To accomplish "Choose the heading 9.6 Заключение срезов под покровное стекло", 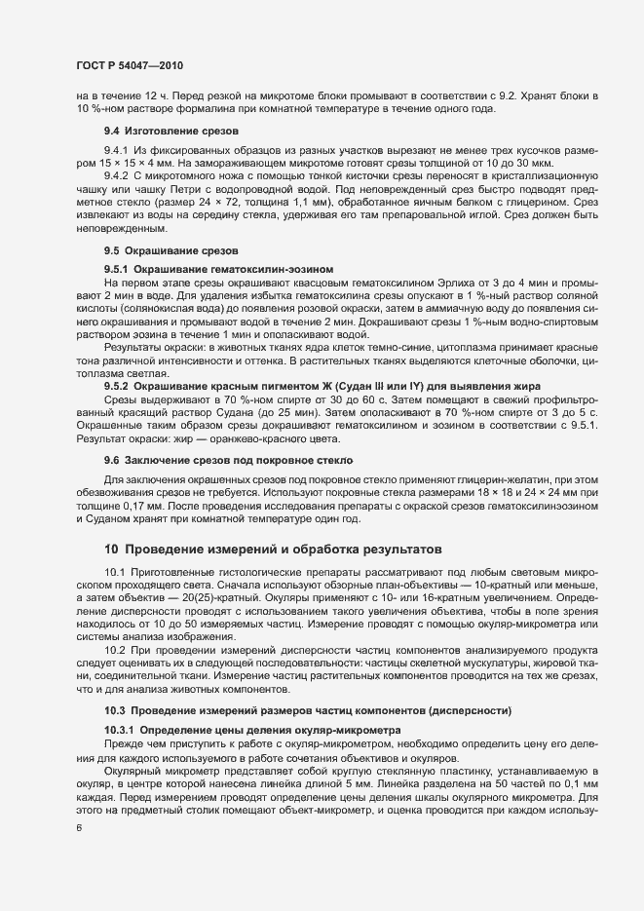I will click(228, 458).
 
